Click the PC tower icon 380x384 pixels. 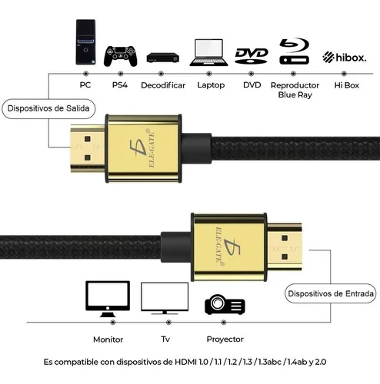click(x=85, y=42)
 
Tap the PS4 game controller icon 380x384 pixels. click(x=120, y=56)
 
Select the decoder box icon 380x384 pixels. click(x=162, y=58)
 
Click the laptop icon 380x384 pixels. click(x=208, y=52)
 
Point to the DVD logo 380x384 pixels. click(x=252, y=55)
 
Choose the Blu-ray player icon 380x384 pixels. click(x=294, y=51)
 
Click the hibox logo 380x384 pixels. click(x=345, y=57)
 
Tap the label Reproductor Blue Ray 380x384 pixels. click(x=295, y=90)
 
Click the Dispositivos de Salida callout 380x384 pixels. click(x=48, y=108)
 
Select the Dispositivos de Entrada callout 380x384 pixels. click(x=331, y=293)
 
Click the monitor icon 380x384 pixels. click(x=108, y=299)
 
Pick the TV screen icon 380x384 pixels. click(x=165, y=298)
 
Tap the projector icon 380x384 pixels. click(x=225, y=304)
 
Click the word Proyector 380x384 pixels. click(x=225, y=339)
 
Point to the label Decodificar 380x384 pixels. click(x=163, y=85)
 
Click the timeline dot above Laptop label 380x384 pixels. click(x=209, y=74)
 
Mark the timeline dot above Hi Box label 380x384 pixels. click(x=344, y=74)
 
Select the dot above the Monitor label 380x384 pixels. click(x=112, y=322)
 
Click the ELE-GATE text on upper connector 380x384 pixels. click(x=152, y=149)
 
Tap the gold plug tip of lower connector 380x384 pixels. click(x=285, y=247)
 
